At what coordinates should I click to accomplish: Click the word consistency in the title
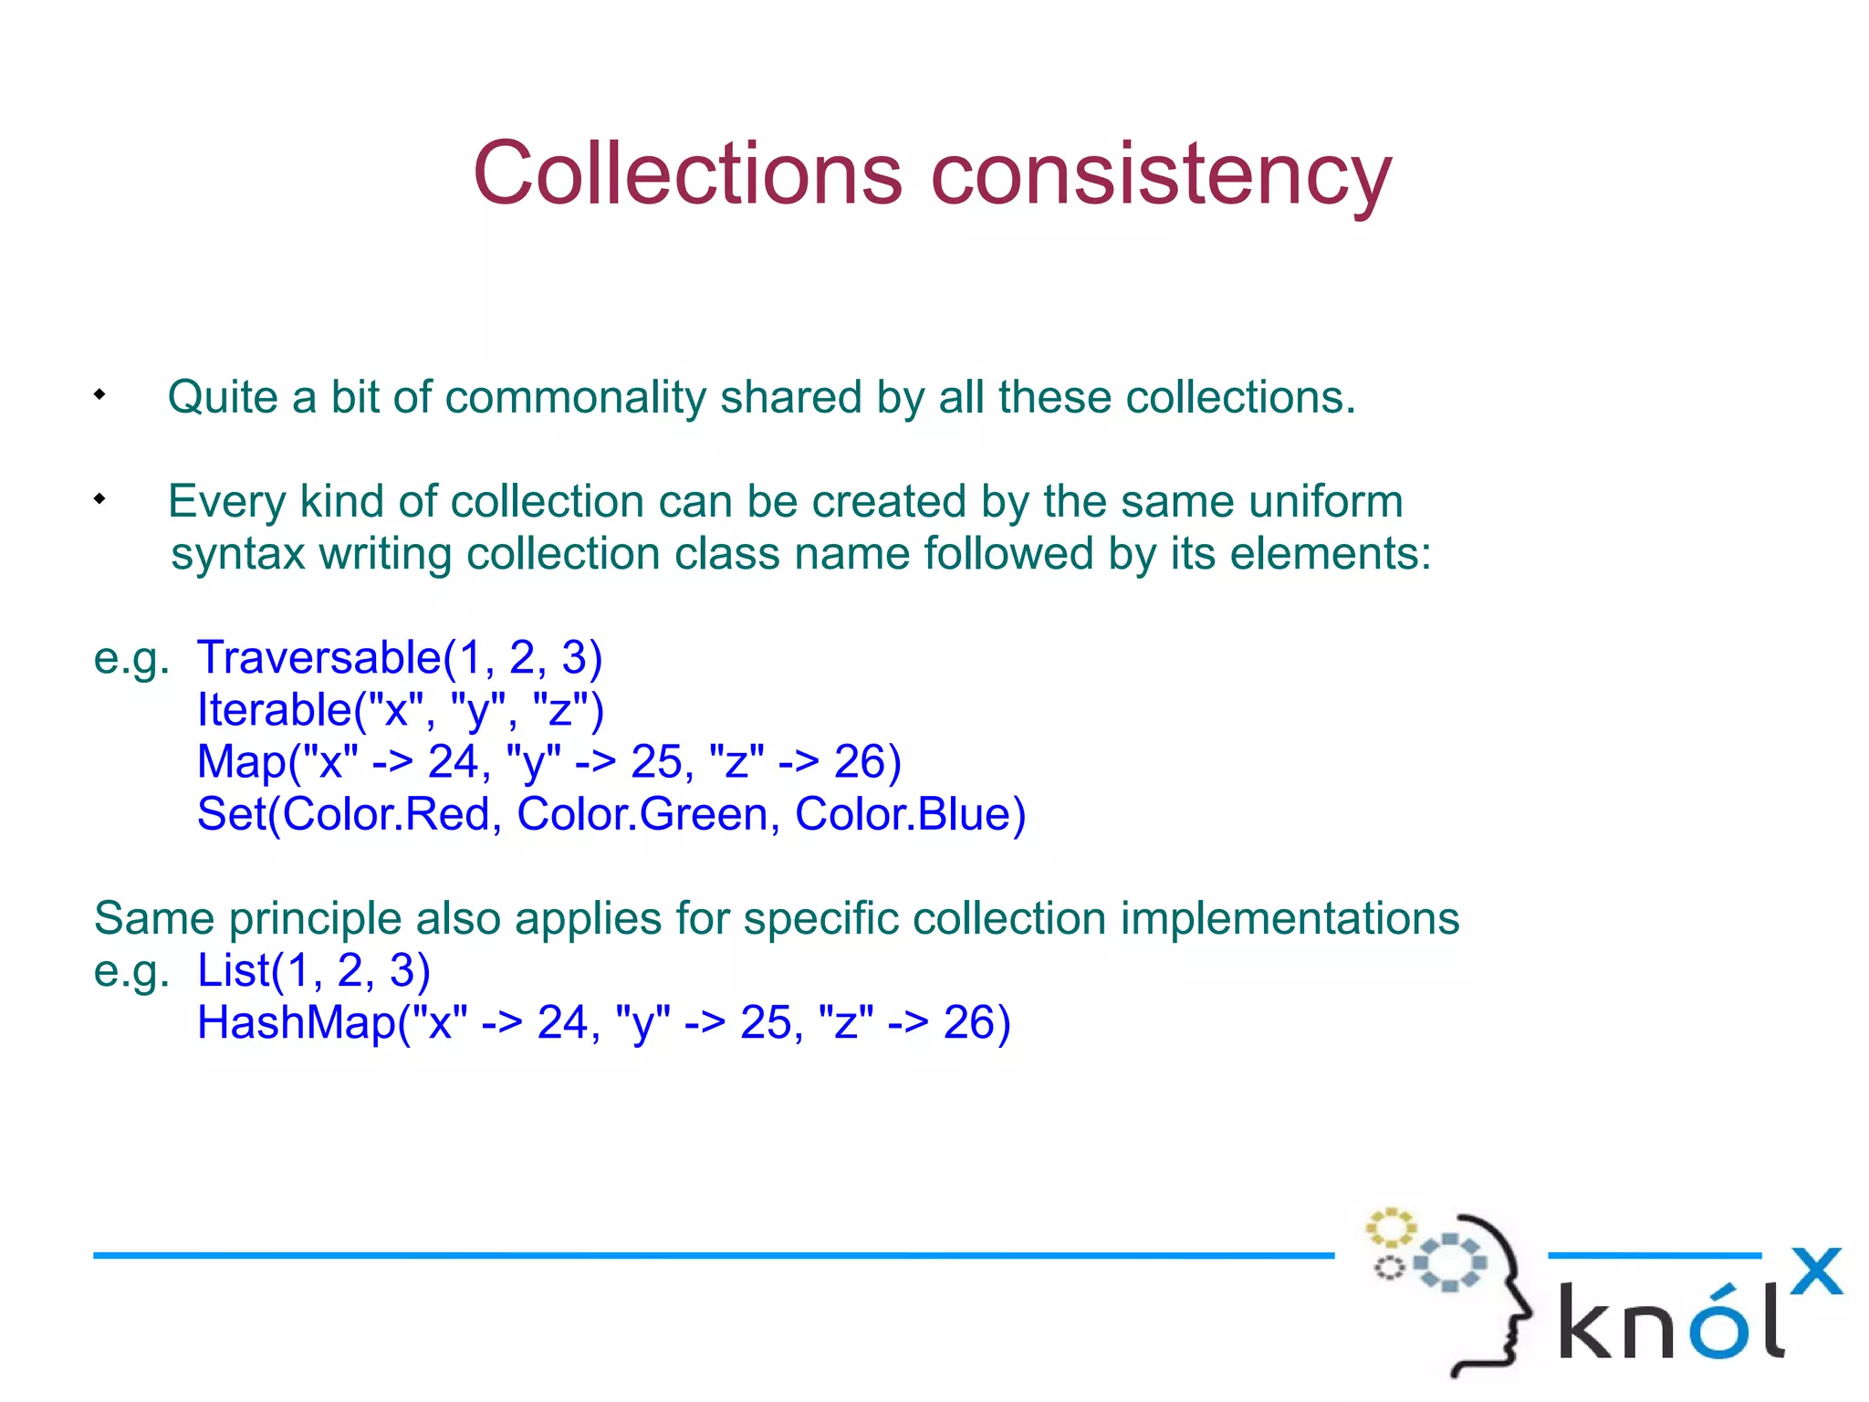[x=1161, y=178]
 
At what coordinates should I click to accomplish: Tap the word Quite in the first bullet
[x=223, y=399]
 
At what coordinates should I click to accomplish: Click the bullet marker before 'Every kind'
[x=99, y=499]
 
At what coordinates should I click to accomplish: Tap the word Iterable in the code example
[x=274, y=710]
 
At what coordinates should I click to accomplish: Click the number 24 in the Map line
[x=454, y=762]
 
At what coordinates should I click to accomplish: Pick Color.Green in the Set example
[x=642, y=814]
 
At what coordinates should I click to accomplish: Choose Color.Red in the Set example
[x=386, y=814]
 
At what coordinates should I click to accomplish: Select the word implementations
[x=1290, y=918]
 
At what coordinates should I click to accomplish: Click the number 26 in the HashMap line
[x=968, y=1022]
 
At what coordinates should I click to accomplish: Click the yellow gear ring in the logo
[x=1390, y=1228]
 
